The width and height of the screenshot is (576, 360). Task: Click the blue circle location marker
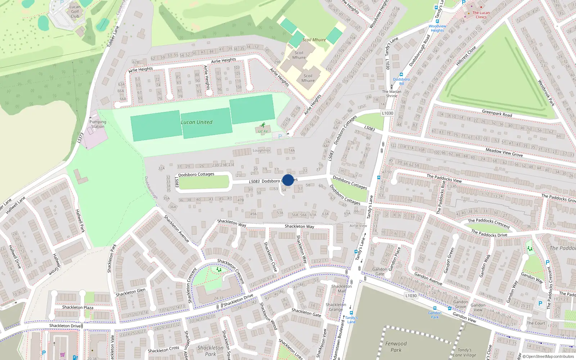coord(288,180)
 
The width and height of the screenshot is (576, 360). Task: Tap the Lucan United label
coord(197,122)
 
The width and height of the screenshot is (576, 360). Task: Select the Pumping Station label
coord(98,124)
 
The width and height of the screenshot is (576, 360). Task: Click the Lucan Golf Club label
coord(75,12)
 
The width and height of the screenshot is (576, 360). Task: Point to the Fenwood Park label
coord(396,347)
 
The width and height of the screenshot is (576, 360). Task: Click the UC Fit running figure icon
coord(263,125)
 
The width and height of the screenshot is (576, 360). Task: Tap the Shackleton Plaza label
coord(78,307)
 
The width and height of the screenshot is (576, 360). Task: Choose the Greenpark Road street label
coord(497,114)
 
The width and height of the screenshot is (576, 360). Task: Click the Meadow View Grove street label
coord(504,152)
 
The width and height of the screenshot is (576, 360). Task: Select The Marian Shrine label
coord(392,94)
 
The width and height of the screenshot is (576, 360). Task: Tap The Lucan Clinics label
coord(481,15)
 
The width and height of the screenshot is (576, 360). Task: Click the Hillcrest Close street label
coord(466,56)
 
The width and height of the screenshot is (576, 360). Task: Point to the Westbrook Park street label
coord(546,93)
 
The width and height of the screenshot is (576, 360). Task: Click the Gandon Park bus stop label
coord(435,315)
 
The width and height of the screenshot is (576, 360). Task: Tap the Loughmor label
coord(261,150)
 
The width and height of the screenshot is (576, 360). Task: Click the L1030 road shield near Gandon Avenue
coord(411,296)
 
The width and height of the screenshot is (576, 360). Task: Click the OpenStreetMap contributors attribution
coord(548,357)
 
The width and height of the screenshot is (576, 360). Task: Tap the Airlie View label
coord(358,226)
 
